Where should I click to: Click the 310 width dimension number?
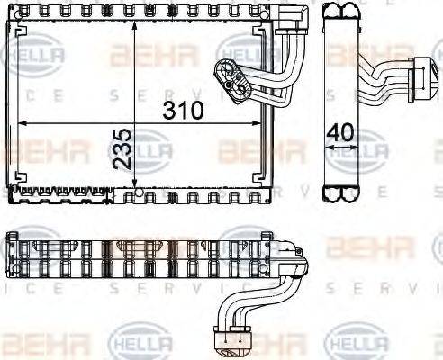point(183,112)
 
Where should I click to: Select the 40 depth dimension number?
point(339,132)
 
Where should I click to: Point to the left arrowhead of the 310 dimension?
point(22,122)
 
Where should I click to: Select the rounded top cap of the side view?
point(343,12)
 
